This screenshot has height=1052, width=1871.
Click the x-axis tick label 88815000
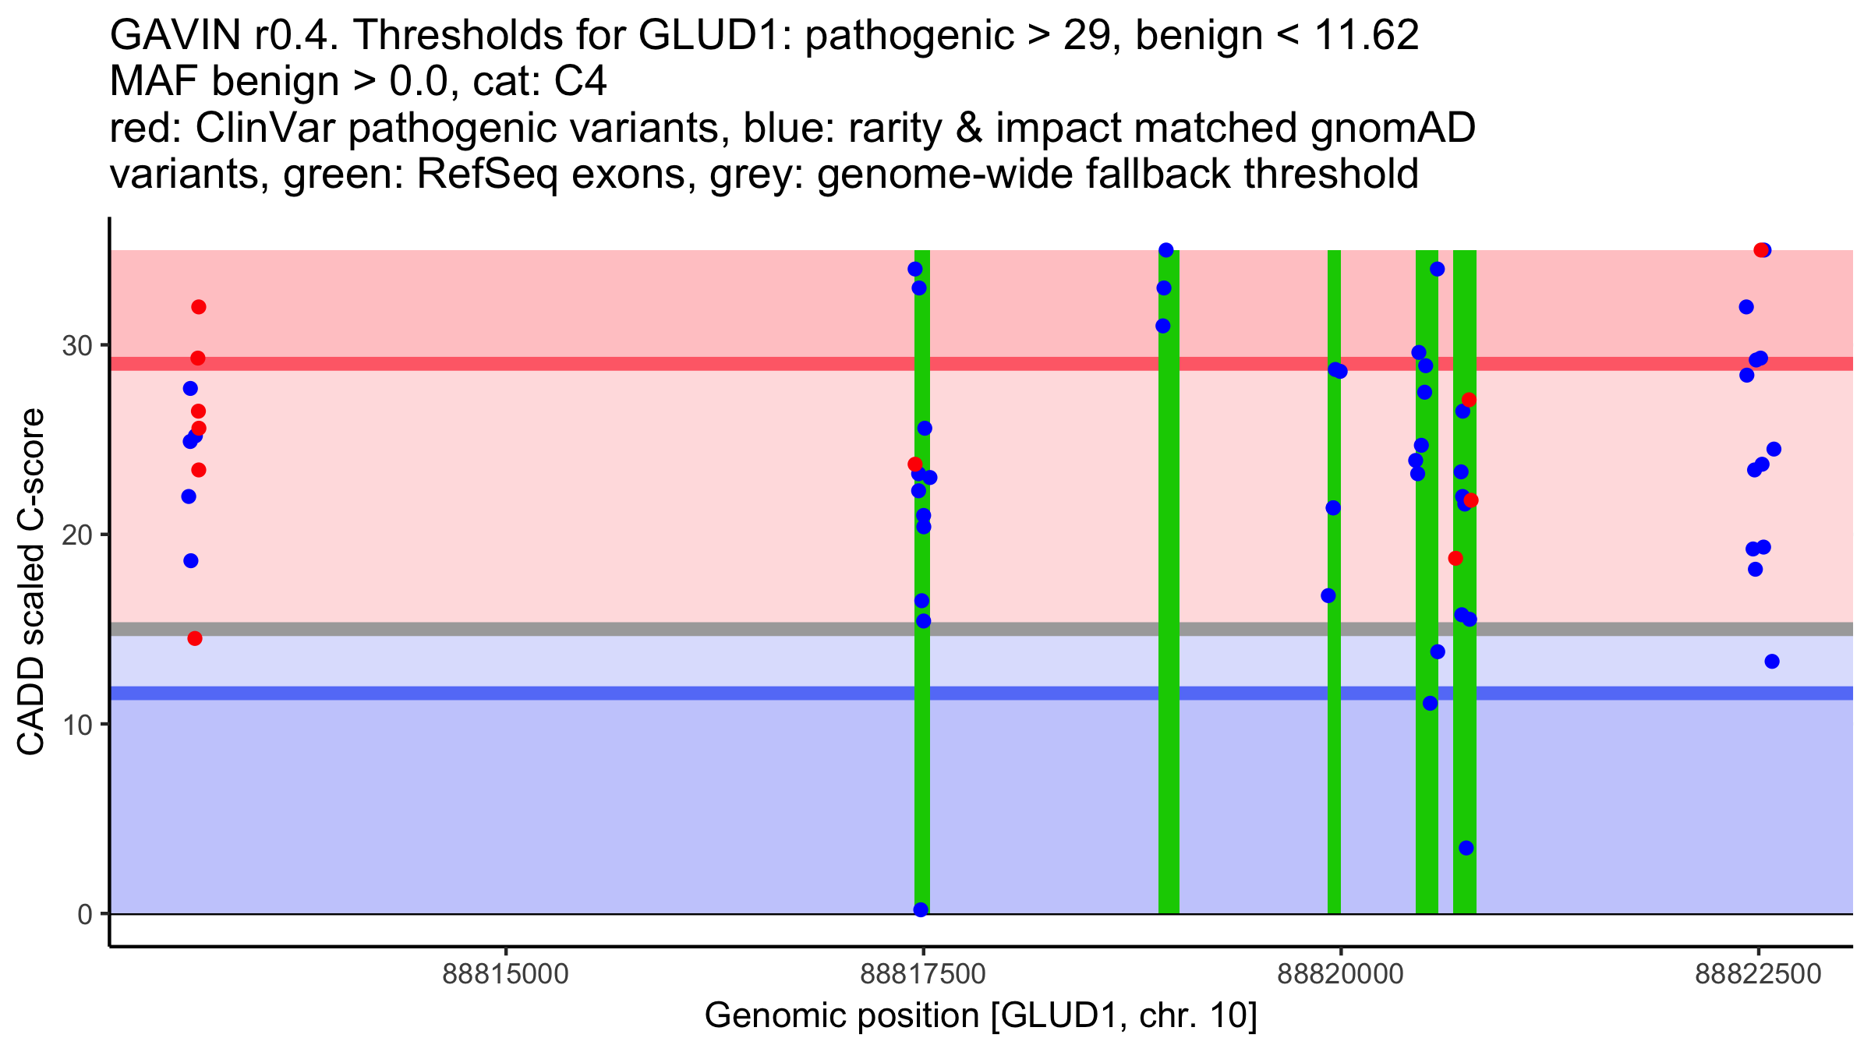coord(506,974)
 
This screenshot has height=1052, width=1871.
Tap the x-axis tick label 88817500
coord(923,974)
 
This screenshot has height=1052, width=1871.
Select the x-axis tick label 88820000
coord(1341,974)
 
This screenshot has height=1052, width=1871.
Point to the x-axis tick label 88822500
coord(1758,974)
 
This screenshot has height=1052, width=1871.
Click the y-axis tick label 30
coord(77,345)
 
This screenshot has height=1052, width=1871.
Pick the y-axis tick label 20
coord(77,535)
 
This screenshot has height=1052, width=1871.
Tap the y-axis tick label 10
coord(77,725)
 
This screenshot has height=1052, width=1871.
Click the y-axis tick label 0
coord(85,914)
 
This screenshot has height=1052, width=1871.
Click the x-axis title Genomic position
coord(981,1016)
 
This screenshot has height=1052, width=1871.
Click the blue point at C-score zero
coord(921,909)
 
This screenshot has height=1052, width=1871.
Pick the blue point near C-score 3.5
coord(1466,848)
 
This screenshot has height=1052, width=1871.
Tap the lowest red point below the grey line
coord(195,638)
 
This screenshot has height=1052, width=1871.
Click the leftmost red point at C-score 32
coord(199,307)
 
